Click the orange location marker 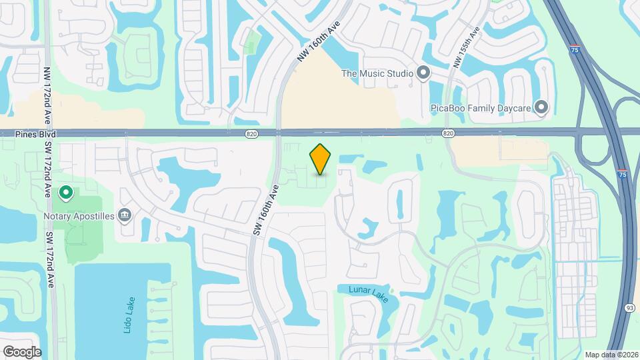321,159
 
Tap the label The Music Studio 377,73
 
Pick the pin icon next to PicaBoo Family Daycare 542,107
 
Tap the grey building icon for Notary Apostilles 124,215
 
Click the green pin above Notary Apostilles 66,193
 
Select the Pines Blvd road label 35,134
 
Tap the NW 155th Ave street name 466,47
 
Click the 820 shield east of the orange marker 448,134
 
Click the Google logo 22,351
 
